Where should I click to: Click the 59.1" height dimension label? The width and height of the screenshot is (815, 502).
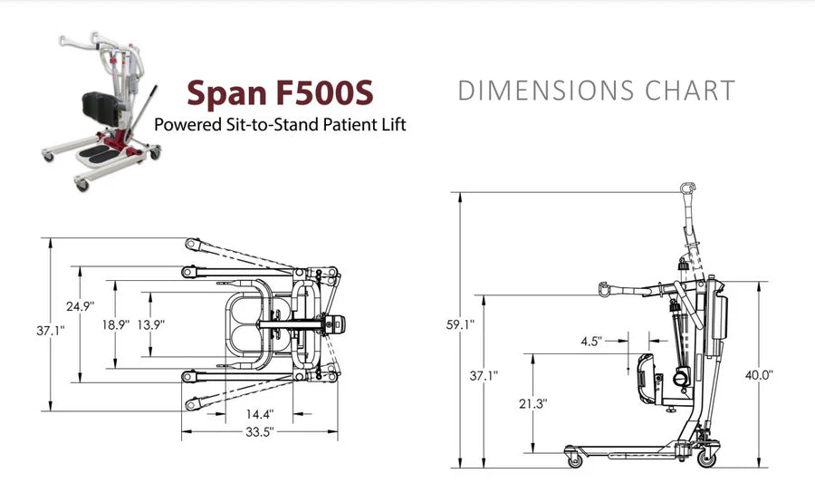click(x=460, y=324)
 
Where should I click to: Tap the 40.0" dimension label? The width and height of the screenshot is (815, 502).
click(x=759, y=374)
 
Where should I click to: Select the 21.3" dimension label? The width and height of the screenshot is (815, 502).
click(x=532, y=403)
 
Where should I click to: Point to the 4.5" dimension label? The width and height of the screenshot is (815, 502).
click(x=591, y=342)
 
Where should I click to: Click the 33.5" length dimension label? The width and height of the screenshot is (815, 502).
click(x=259, y=431)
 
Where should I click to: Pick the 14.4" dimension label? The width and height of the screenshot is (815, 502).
click(x=259, y=414)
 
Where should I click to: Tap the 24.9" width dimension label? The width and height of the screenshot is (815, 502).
click(x=80, y=306)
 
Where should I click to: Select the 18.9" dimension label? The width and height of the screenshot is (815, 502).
click(x=115, y=324)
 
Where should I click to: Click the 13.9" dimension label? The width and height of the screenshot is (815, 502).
click(x=150, y=324)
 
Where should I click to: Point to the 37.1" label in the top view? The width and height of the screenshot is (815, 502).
click(x=51, y=331)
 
